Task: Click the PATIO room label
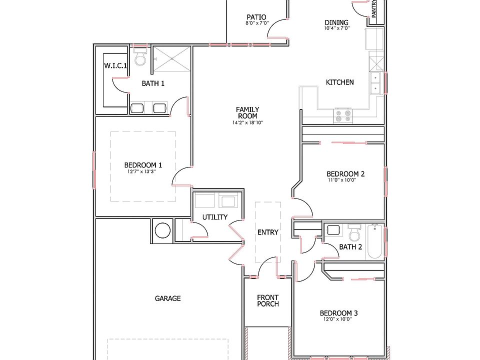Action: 256,16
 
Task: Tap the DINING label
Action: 336,22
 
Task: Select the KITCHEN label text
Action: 340,82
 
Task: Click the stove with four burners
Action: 343,116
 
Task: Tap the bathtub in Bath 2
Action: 374,241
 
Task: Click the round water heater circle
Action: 163,230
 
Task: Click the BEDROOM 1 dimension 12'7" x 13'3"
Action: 143,171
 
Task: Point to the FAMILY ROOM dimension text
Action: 248,122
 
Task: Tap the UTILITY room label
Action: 215,217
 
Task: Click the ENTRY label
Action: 267,232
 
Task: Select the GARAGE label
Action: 167,298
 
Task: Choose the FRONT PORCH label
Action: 268,300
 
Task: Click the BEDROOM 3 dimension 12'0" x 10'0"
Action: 338,319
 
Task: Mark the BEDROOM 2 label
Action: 345,174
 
